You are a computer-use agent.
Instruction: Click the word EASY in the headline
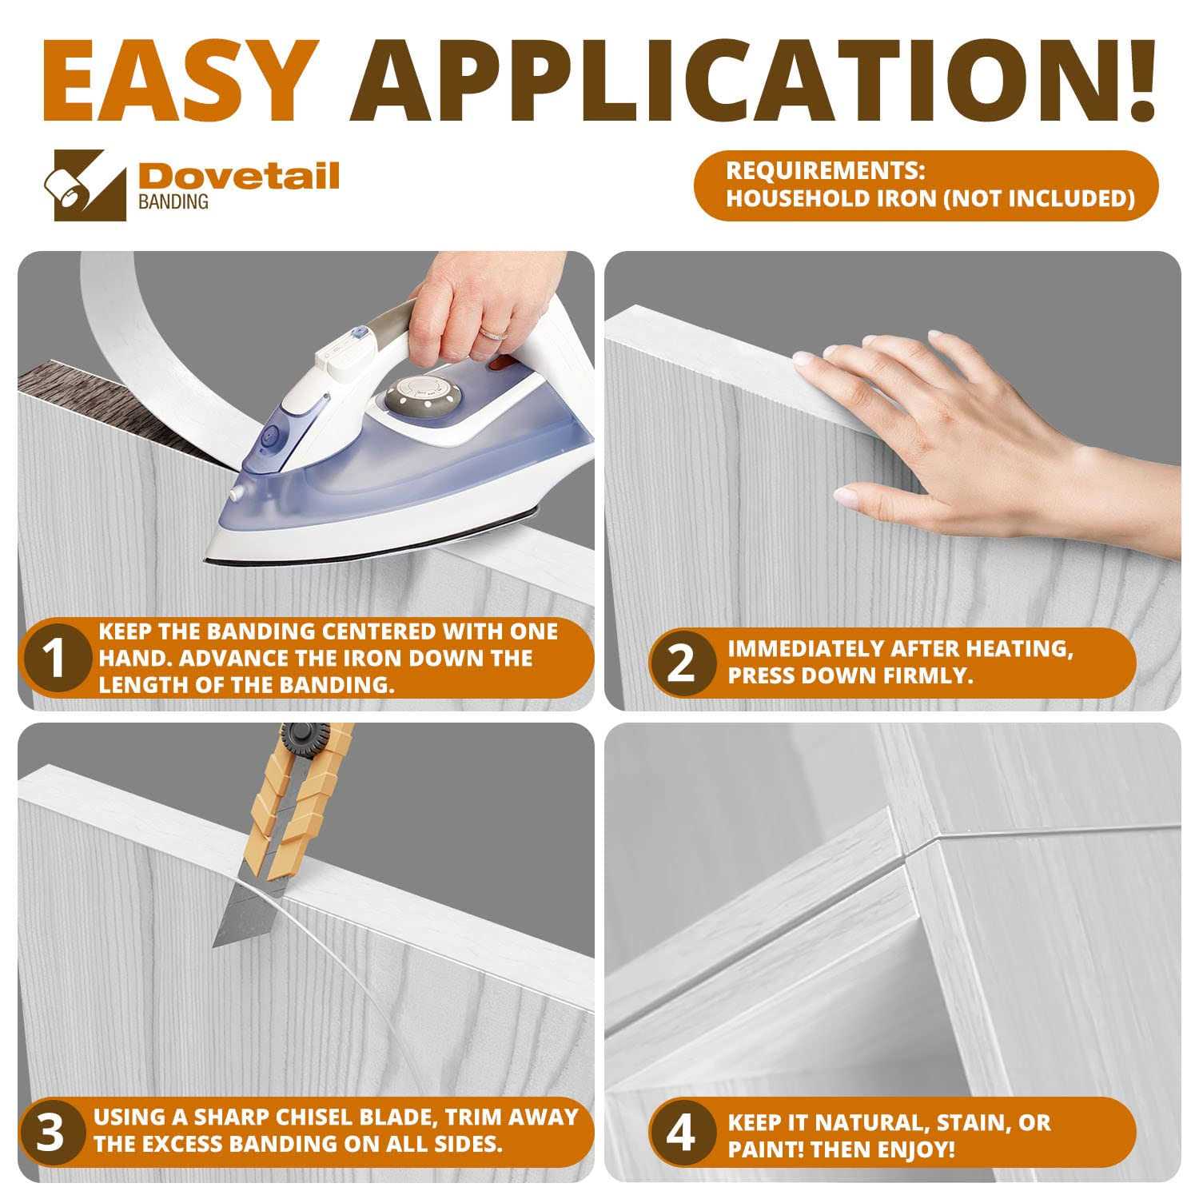[177, 80]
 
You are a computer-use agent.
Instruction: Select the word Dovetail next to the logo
[239, 175]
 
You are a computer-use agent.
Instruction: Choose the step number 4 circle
[680, 1134]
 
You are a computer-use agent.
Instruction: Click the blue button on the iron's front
[269, 436]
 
